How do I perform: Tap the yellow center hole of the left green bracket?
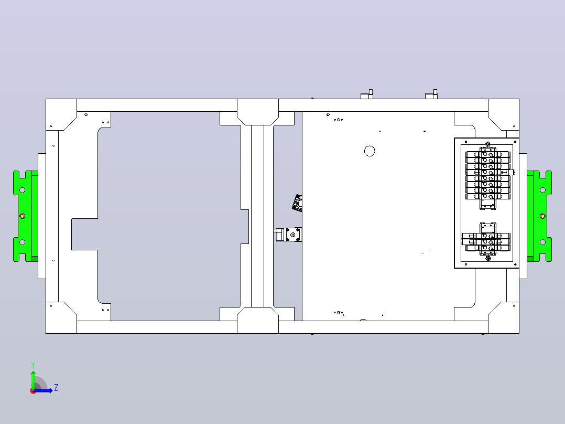click(23, 216)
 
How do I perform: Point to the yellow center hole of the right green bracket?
click(542, 216)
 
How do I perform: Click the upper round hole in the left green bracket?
click(23, 190)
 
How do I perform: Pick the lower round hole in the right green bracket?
click(542, 242)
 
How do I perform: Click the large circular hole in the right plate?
click(370, 151)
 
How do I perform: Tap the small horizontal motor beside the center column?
click(288, 235)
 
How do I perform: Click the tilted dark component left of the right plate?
click(297, 203)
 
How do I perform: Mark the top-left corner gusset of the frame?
click(61, 114)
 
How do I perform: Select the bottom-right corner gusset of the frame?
click(504, 318)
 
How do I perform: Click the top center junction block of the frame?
click(258, 112)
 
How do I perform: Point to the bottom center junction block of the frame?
click(258, 320)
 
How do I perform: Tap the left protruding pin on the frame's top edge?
click(367, 94)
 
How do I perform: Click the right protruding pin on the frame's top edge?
click(432, 94)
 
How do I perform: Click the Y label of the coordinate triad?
click(33, 365)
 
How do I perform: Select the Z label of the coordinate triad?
click(56, 388)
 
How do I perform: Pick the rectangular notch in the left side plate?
click(85, 234)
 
